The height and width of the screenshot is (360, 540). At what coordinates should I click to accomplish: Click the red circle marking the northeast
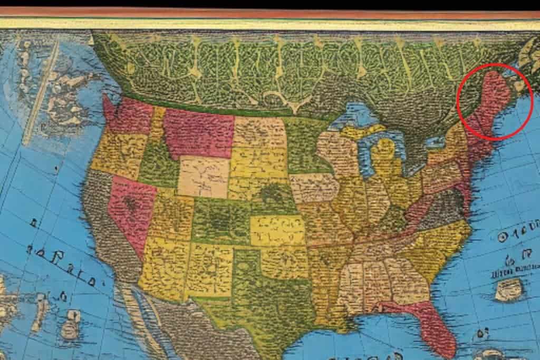495,102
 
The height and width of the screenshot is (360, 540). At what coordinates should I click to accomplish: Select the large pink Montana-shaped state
198,134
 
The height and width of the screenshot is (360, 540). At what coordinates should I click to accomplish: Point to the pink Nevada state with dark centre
130,208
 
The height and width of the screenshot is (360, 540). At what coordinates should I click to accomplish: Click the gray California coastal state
108,232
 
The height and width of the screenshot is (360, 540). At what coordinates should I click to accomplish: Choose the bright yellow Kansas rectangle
277,230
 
